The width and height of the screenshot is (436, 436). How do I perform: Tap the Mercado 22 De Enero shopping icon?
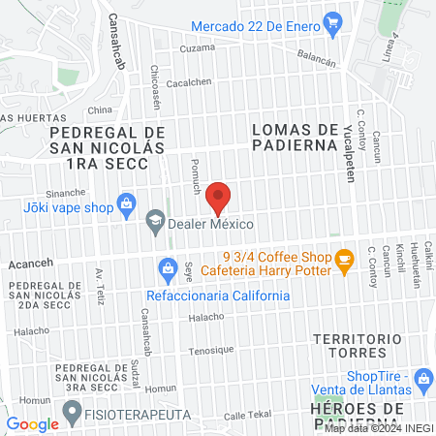tap(332, 21)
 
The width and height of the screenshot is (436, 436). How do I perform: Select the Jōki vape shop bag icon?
tap(125, 203)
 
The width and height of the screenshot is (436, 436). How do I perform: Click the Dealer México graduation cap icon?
tap(154, 224)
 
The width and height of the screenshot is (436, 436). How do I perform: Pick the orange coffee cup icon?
tap(342, 259)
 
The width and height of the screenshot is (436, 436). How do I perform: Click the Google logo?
tap(32, 423)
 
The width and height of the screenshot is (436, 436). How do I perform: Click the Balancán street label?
tap(316, 59)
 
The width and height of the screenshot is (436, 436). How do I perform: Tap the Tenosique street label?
tap(211, 350)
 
